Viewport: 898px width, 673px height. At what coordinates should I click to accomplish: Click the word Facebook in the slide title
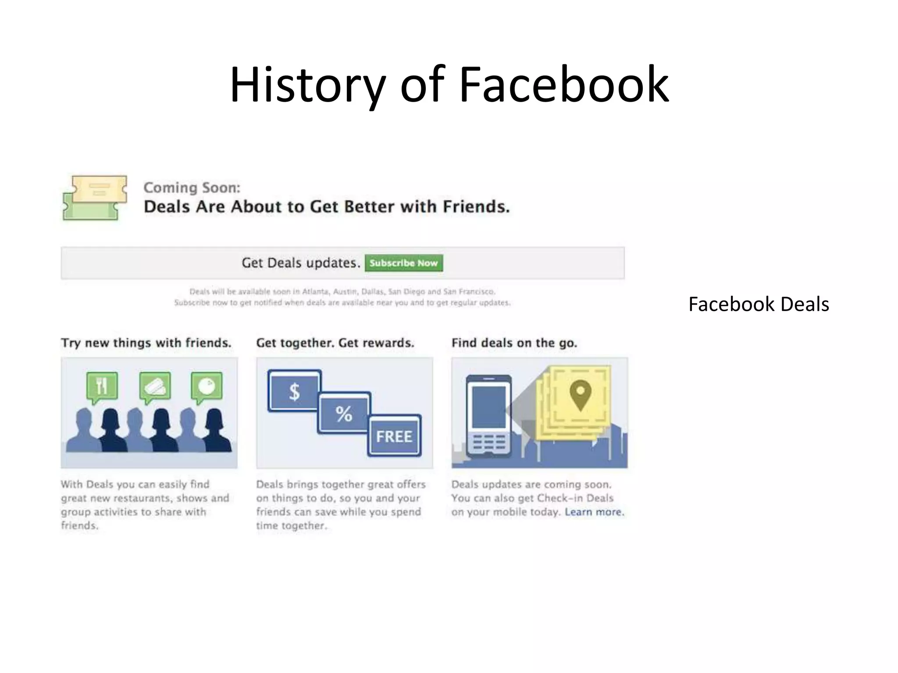(x=564, y=84)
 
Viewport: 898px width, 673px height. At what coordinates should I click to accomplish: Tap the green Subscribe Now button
(x=403, y=263)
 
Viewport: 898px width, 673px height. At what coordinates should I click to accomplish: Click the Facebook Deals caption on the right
(x=759, y=304)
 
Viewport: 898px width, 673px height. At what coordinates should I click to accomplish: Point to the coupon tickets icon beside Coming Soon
(x=95, y=198)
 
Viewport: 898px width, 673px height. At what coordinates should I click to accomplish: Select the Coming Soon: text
(x=192, y=188)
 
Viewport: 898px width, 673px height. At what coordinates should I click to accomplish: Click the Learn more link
(x=594, y=512)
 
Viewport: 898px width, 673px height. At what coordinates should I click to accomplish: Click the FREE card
(x=394, y=436)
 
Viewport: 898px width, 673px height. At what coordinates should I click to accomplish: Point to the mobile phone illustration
(x=488, y=415)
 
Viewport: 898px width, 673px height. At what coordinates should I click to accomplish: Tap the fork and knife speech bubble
(x=102, y=386)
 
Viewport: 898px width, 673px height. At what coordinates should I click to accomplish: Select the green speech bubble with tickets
(x=155, y=386)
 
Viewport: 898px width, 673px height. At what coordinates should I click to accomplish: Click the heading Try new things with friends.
(x=146, y=343)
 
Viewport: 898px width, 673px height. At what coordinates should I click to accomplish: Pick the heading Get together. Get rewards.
(x=335, y=343)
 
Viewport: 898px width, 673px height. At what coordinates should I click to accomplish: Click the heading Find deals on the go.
(x=514, y=343)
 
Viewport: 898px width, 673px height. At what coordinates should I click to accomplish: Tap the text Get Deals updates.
(x=301, y=263)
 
